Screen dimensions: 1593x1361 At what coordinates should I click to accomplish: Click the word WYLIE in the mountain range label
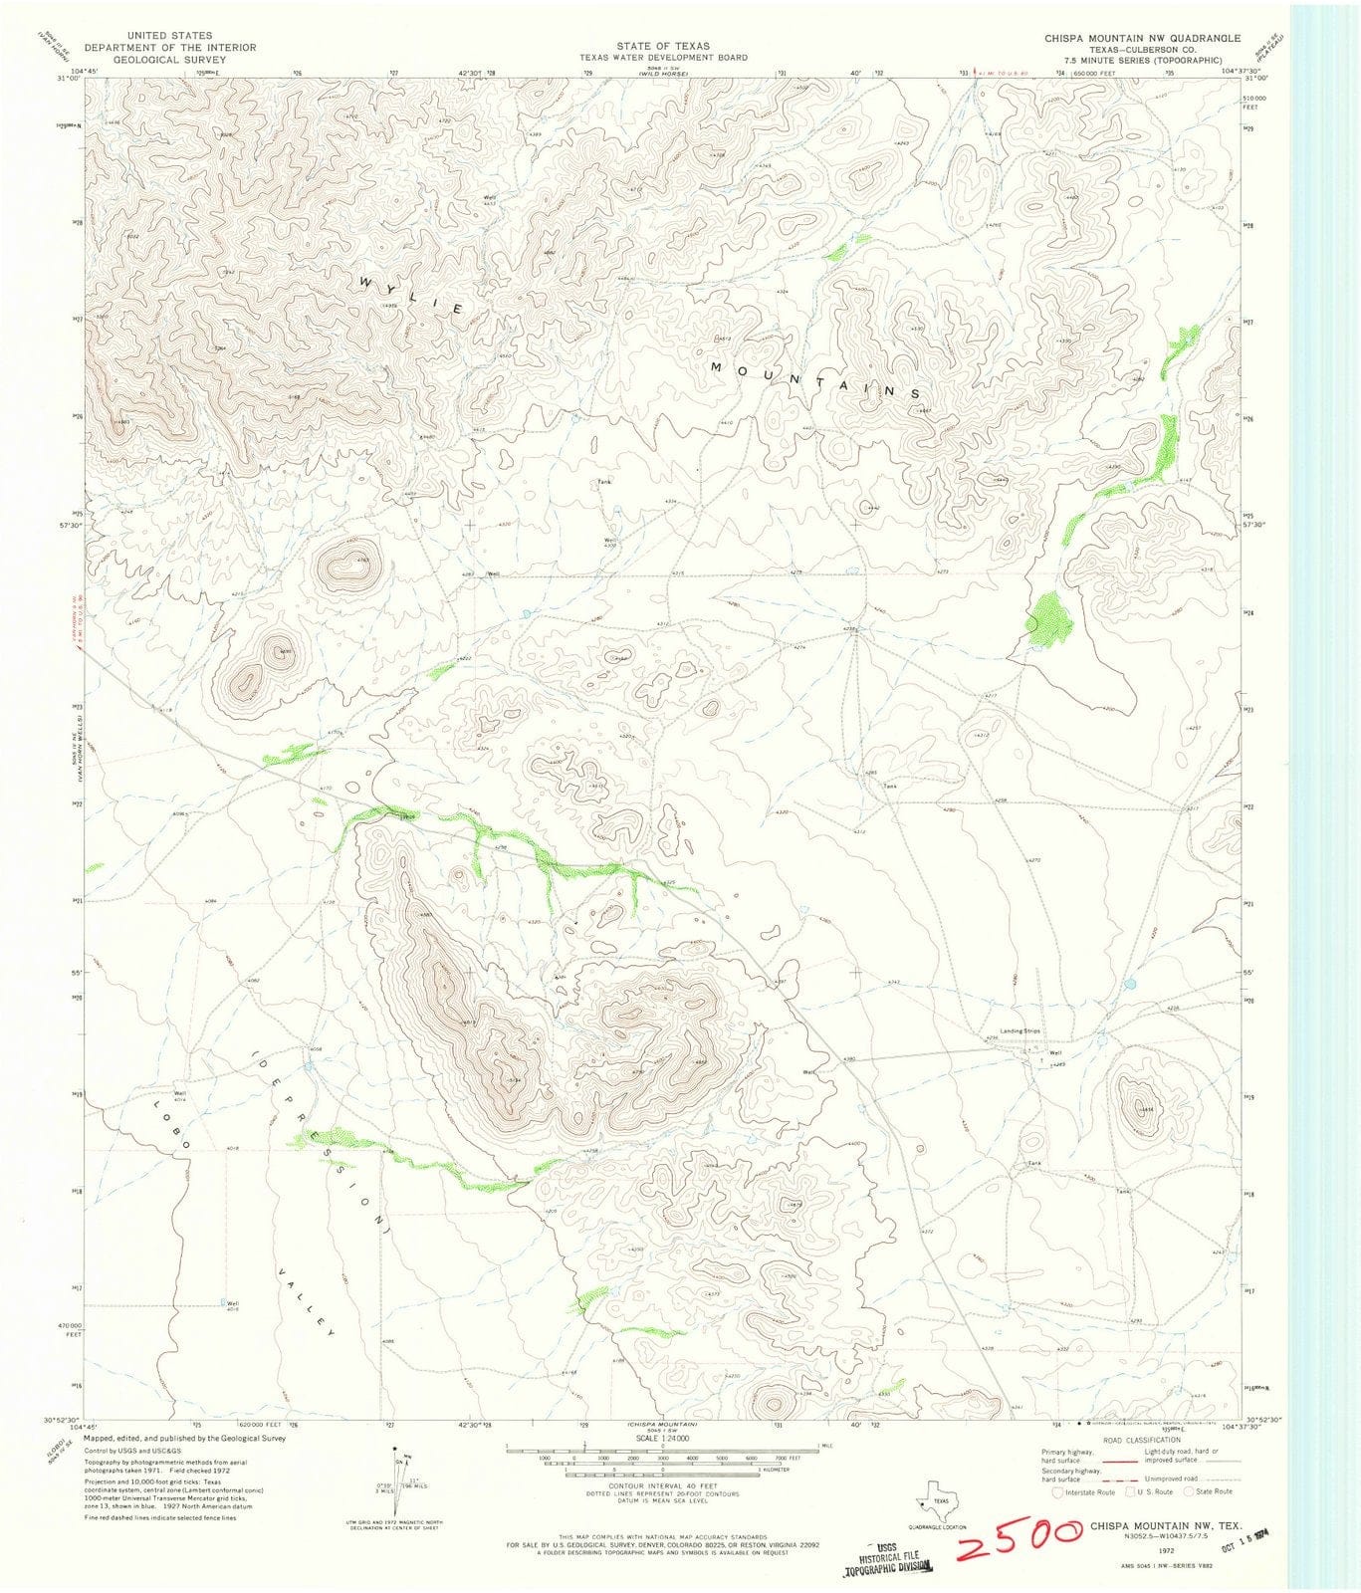[x=408, y=296]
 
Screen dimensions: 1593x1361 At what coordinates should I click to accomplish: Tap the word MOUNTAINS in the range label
[x=816, y=381]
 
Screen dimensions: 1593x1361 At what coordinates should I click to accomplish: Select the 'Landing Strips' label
[x=1013, y=1031]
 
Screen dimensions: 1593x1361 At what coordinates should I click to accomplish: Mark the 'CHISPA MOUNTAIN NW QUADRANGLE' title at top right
[x=1142, y=38]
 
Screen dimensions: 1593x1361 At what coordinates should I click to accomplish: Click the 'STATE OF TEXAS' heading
[x=664, y=46]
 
